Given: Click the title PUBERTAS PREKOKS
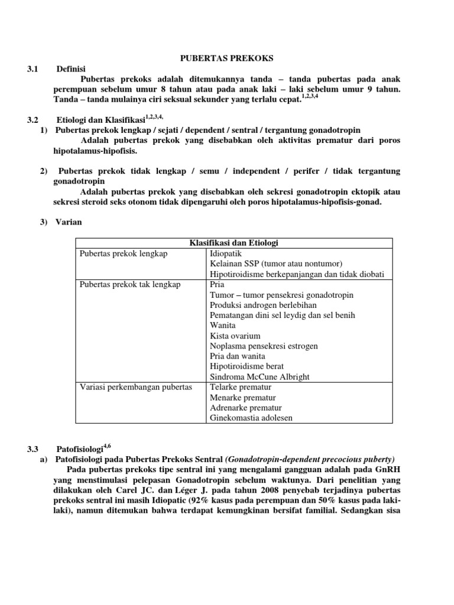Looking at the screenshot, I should pyautogui.click(x=226, y=58).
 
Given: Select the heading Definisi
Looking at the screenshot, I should pyautogui.click(x=71, y=69).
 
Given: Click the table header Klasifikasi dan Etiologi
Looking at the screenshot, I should pyautogui.click(x=234, y=243).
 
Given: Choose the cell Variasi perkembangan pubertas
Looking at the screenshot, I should pyautogui.click(x=135, y=387).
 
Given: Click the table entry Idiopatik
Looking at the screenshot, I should pyautogui.click(x=226, y=253).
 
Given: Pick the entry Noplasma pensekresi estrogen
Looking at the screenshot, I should pyautogui.click(x=255, y=346).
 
